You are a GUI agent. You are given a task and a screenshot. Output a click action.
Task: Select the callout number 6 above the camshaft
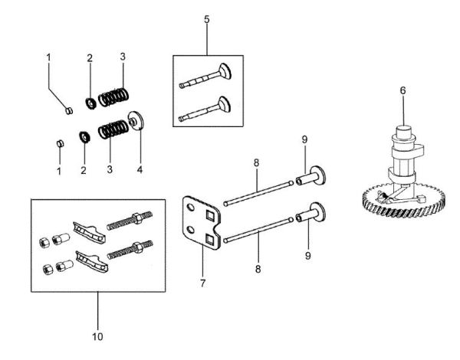402,90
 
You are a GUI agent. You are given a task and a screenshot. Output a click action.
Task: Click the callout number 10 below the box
97,335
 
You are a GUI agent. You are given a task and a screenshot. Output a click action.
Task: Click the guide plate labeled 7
200,223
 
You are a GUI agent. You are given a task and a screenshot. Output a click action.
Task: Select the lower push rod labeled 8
258,230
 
